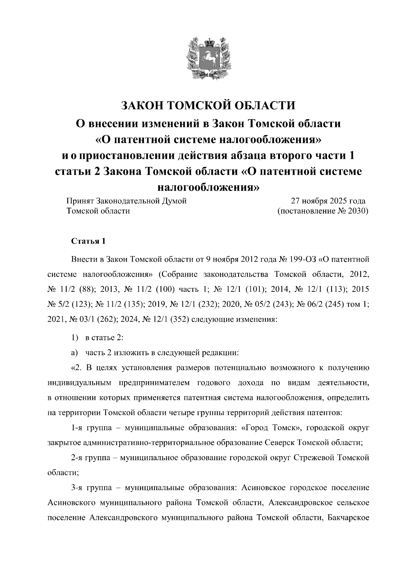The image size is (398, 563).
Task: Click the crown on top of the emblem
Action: pyautogui.click(x=209, y=42)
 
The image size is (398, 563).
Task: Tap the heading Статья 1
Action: pyautogui.click(x=89, y=241)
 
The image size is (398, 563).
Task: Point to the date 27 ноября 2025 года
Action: pyautogui.click(x=328, y=201)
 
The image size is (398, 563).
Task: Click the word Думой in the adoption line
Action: pyautogui.click(x=174, y=201)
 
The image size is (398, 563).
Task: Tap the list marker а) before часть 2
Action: pyautogui.click(x=75, y=352)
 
